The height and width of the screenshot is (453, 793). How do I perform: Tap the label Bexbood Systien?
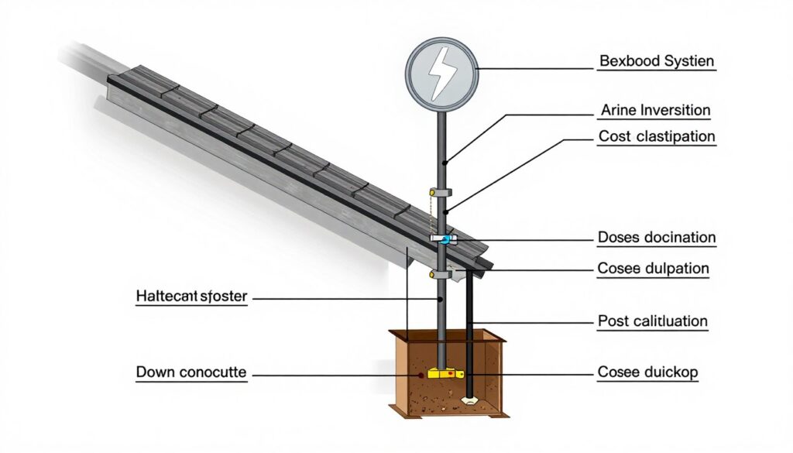(x=657, y=60)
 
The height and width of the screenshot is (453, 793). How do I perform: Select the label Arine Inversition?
(x=655, y=111)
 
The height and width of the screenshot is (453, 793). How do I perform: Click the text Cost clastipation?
(x=657, y=136)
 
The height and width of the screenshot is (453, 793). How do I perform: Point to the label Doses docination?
(x=657, y=237)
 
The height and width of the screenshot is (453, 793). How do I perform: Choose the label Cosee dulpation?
(x=654, y=269)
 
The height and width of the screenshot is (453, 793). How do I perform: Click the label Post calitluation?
(x=653, y=320)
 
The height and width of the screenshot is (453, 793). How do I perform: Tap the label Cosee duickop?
(x=648, y=372)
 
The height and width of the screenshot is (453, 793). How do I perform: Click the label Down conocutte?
(x=191, y=372)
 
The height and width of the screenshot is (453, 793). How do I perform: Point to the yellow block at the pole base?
(x=445, y=373)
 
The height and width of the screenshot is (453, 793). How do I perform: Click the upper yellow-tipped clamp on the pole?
(x=438, y=191)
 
